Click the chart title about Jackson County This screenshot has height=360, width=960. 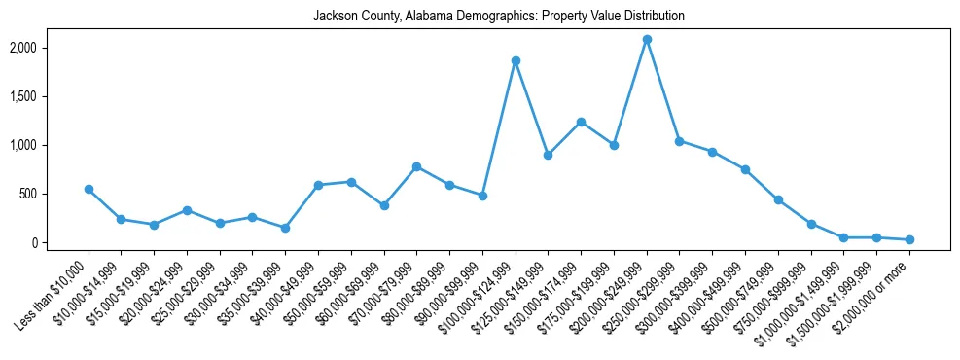pyautogui.click(x=498, y=17)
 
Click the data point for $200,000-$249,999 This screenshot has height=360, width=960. pyautogui.click(x=647, y=39)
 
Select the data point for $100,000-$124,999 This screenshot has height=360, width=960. pyautogui.click(x=516, y=60)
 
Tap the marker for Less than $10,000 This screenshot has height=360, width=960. pyautogui.click(x=89, y=189)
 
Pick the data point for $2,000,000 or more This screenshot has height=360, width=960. pyautogui.click(x=909, y=239)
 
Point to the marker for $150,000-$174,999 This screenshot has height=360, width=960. pyautogui.click(x=581, y=122)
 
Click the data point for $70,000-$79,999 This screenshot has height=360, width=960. pyautogui.click(x=416, y=166)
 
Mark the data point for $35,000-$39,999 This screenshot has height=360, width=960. pyautogui.click(x=285, y=228)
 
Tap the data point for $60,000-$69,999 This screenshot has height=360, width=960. pyautogui.click(x=384, y=205)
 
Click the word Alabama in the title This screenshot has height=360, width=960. pyautogui.click(x=411, y=17)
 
